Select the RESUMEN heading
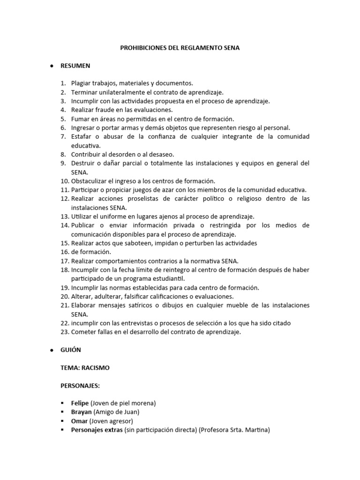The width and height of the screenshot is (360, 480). [75, 66]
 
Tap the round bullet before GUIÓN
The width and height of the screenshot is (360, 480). [51, 350]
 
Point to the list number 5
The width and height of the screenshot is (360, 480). [63, 119]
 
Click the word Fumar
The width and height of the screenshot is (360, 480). [80, 119]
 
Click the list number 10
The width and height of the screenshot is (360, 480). [64, 181]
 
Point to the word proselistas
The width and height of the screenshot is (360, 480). [135, 199]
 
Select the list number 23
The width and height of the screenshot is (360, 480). [64, 332]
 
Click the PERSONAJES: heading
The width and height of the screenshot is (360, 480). [80, 386]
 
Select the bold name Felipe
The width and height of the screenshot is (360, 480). [80, 403]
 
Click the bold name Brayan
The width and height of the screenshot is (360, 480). [81, 412]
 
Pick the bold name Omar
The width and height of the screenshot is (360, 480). [79, 421]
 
